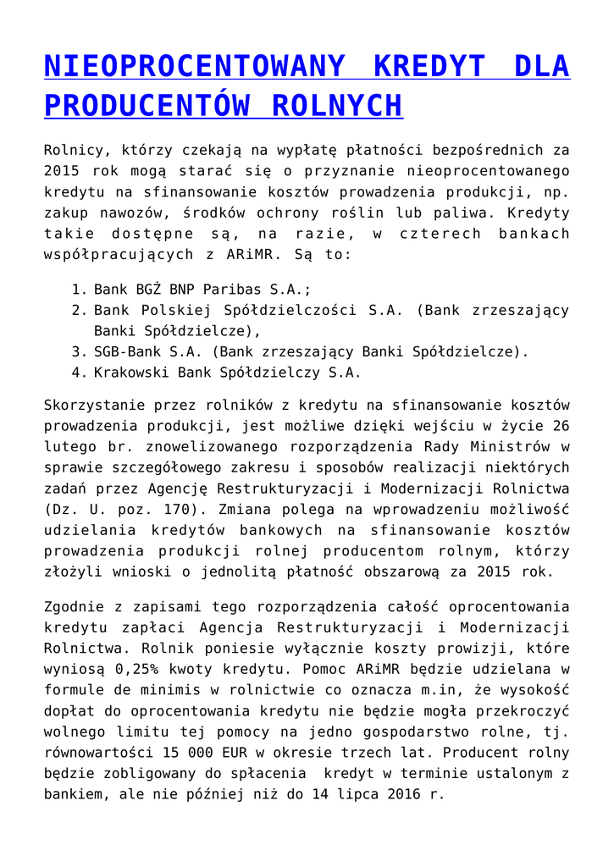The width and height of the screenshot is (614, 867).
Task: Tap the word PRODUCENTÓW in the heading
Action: coord(147,107)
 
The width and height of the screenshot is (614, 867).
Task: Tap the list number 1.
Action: coord(75,290)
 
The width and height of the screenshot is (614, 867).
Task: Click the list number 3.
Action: coord(75,351)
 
